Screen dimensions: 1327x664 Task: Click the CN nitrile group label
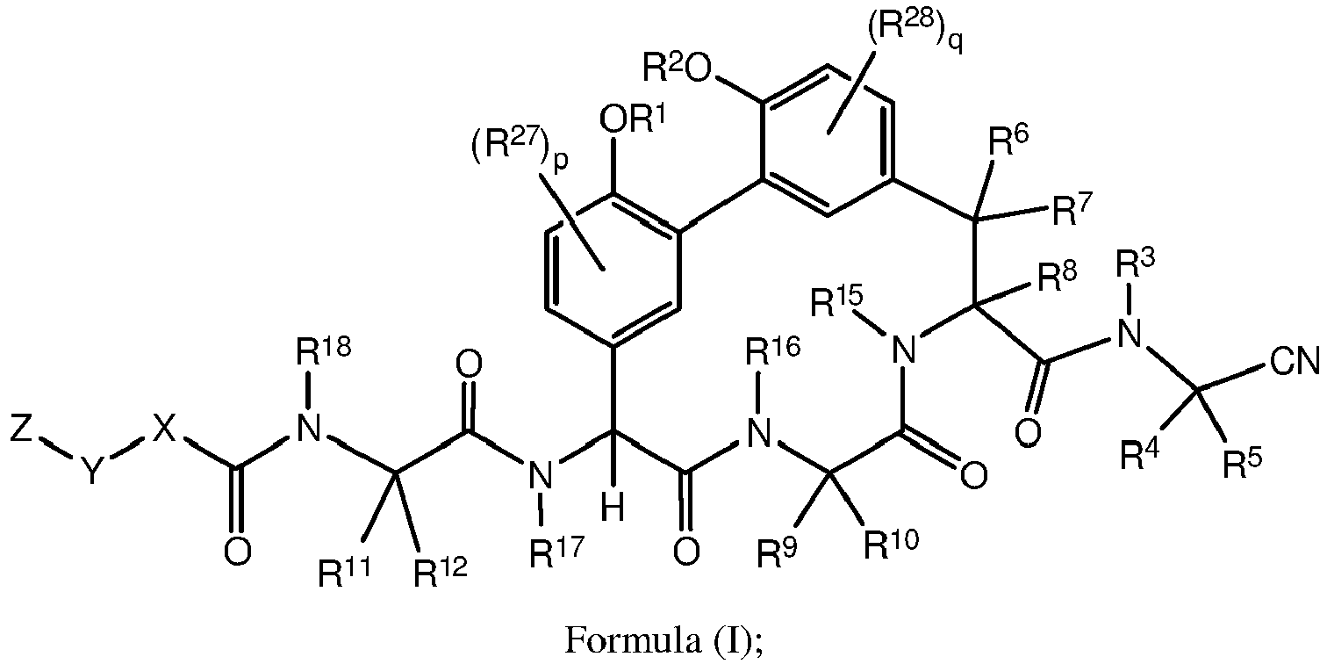tap(1295, 362)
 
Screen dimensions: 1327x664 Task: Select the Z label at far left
tap(21, 429)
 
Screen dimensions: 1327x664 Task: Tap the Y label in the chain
tap(92, 472)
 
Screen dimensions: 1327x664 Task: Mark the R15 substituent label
tap(836, 301)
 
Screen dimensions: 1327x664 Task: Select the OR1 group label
tap(633, 118)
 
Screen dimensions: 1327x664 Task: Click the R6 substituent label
tap(1008, 142)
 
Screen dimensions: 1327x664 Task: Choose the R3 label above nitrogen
tap(1135, 263)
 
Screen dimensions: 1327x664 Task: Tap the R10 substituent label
tap(891, 543)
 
